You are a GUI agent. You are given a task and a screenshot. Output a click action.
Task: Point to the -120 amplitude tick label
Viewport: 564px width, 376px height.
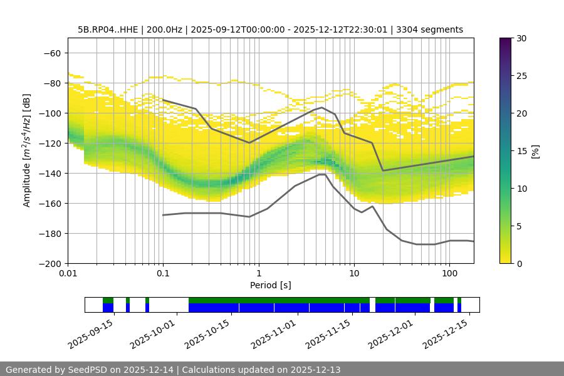pos(51,143)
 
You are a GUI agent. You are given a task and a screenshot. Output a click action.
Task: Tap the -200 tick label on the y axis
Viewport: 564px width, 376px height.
pos(51,263)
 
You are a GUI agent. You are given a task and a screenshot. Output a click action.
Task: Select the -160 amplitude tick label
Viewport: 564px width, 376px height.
pos(51,203)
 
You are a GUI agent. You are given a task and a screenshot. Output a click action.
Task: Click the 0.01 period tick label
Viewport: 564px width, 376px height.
pos(68,274)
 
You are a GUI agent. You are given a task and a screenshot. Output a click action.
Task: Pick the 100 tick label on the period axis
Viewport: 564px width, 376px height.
pos(449,274)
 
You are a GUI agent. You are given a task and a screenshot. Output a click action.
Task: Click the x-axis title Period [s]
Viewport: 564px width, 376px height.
pos(271,285)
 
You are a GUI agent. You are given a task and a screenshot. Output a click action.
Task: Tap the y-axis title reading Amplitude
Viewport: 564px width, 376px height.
pos(27,150)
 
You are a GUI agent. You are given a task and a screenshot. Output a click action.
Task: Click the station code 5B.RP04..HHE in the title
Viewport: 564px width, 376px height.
pos(108,29)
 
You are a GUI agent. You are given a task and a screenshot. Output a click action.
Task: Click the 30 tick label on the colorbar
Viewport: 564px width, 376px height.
pos(521,38)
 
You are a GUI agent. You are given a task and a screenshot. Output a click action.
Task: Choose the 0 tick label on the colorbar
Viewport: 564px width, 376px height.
pos(519,263)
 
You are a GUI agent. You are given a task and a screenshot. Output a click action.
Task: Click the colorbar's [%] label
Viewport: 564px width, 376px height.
pos(535,150)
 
